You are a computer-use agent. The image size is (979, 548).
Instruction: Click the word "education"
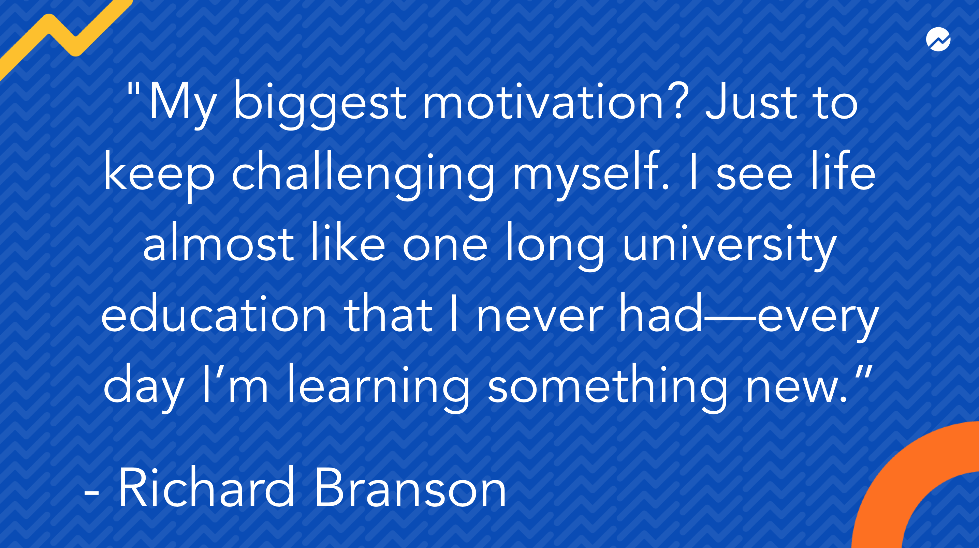[x=214, y=313]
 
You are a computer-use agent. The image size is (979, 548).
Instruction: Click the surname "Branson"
[x=410, y=487]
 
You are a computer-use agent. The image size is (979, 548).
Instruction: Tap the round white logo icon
[x=938, y=39]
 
